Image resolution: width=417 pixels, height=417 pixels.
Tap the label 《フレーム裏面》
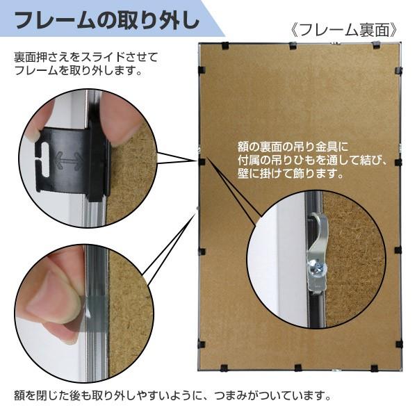coord(345,30)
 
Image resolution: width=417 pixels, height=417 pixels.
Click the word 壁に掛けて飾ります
coord(291,174)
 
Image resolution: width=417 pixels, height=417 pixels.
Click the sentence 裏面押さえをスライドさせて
coord(86,56)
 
